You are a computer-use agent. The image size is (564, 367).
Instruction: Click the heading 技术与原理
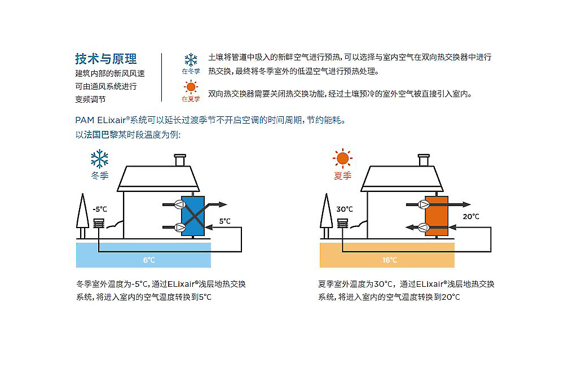click(x=106, y=59)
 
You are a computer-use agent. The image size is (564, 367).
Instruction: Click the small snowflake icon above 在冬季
click(x=191, y=60)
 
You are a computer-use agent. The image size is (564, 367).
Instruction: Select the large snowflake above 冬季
click(x=100, y=159)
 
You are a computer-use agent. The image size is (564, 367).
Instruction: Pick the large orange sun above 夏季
click(x=342, y=159)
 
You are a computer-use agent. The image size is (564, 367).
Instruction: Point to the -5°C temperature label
click(x=99, y=209)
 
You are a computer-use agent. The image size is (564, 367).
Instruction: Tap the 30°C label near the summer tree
click(x=345, y=209)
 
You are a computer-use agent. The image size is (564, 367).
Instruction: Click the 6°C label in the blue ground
click(x=149, y=260)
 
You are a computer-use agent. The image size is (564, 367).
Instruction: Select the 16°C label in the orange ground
click(x=390, y=260)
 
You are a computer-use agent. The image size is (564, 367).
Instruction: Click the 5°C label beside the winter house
click(x=224, y=221)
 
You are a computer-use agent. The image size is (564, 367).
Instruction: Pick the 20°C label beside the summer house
click(x=471, y=216)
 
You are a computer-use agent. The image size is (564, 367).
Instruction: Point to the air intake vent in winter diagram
click(x=99, y=224)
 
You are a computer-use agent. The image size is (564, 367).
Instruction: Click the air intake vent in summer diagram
click(x=343, y=224)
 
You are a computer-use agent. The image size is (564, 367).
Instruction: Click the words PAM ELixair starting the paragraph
click(x=99, y=120)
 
